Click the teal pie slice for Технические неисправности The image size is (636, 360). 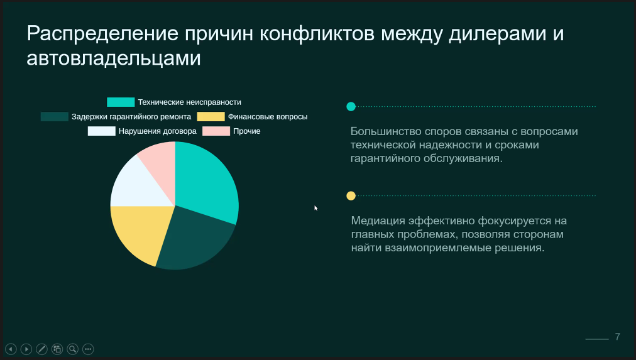click(207, 179)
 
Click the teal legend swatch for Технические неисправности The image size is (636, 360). click(121, 102)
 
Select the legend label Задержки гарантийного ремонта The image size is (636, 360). click(131, 116)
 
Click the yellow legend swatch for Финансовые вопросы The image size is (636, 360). click(211, 116)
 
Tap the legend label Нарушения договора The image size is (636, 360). click(158, 131)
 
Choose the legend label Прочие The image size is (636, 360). click(247, 131)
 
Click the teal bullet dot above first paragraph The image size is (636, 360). click(351, 107)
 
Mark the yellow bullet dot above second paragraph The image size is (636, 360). click(351, 196)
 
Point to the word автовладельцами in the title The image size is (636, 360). click(114, 58)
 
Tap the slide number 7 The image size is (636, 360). click(618, 337)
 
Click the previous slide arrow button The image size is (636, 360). click(11, 349)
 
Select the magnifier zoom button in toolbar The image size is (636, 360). click(73, 349)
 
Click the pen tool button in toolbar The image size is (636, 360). click(41, 349)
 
